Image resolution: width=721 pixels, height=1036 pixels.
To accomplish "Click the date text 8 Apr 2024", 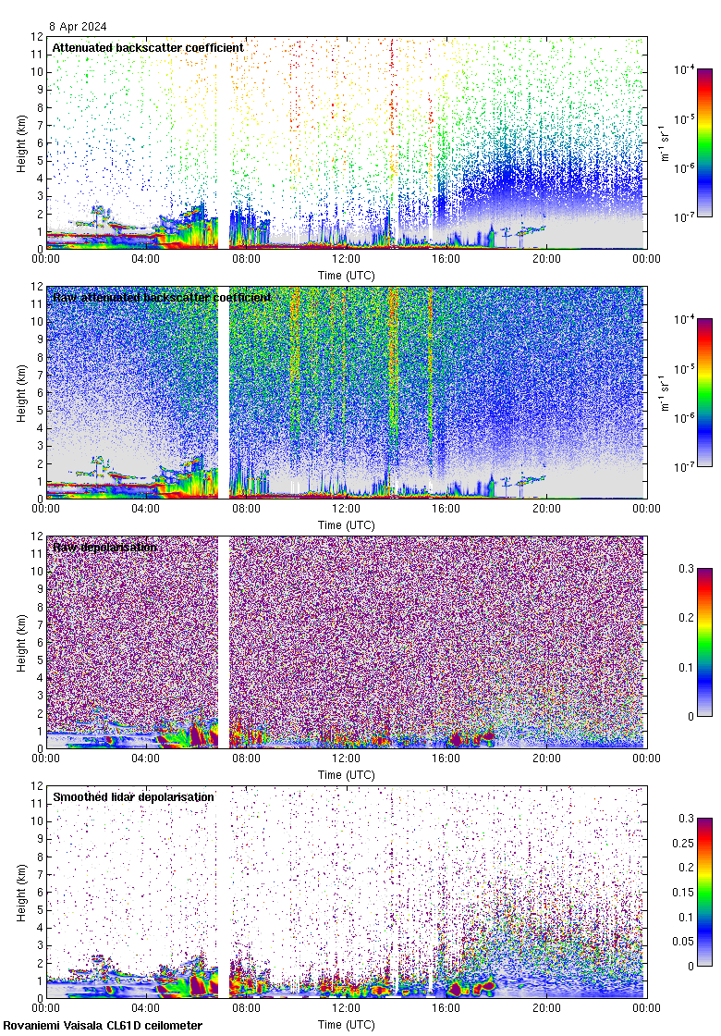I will (x=79, y=27).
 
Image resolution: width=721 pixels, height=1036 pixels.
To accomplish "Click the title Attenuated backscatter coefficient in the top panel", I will (x=148, y=47).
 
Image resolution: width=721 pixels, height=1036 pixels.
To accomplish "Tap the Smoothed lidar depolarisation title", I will (x=133, y=797).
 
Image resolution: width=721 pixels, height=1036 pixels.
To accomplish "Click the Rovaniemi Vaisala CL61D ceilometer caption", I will (x=102, y=1026).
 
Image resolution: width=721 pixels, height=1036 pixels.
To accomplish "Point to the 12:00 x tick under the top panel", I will (x=346, y=259).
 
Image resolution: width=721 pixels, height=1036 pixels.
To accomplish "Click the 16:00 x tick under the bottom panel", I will (x=446, y=1008).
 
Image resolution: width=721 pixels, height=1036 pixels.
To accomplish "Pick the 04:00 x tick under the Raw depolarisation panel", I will (x=146, y=758).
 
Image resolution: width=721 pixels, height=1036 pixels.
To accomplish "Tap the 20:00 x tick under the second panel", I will (x=546, y=509).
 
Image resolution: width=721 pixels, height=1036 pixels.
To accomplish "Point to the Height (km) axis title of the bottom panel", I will (x=20, y=892).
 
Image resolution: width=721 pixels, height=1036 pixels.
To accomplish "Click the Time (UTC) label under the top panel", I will (x=346, y=276).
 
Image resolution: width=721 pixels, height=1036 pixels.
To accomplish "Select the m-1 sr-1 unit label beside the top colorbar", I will (x=665, y=142).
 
